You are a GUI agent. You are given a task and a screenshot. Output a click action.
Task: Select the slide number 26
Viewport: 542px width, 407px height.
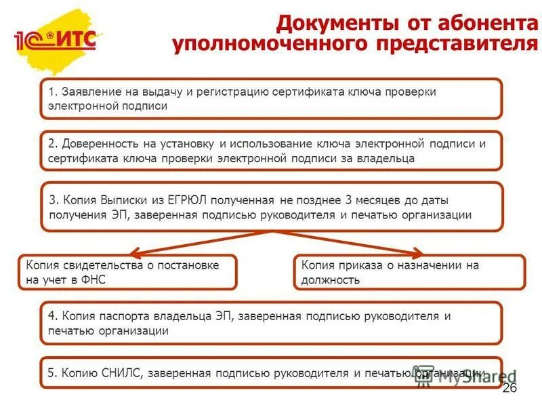[x=509, y=387]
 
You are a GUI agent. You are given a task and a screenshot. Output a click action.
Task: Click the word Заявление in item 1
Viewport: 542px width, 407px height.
[x=90, y=92]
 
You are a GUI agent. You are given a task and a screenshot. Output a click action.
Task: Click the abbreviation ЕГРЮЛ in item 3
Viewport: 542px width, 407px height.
[x=183, y=201]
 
